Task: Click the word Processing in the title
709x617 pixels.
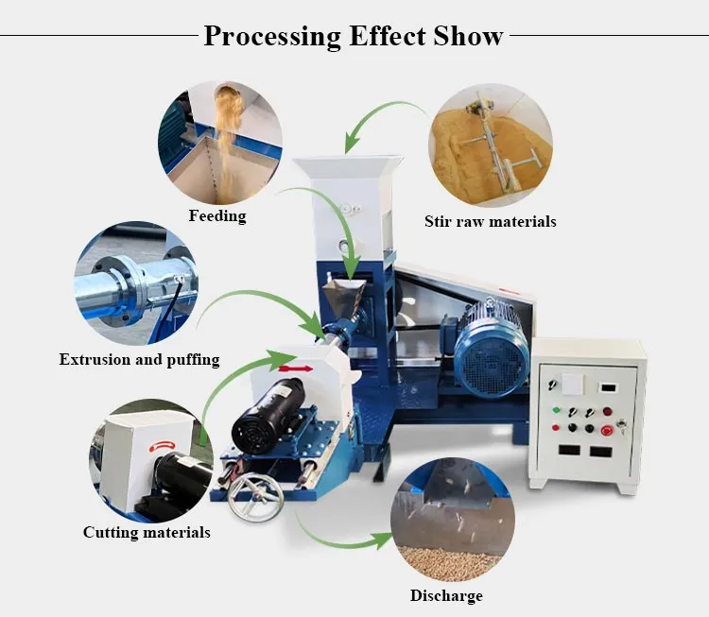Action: click(272, 36)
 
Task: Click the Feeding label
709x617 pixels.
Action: click(217, 216)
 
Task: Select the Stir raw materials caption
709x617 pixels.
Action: click(490, 221)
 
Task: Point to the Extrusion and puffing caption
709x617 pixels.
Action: click(139, 360)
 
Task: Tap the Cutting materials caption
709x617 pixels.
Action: click(147, 533)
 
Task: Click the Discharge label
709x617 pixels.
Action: click(446, 596)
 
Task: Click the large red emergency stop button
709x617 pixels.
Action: click(607, 430)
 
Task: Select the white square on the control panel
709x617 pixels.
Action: click(572, 385)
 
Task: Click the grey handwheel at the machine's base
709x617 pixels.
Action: click(255, 496)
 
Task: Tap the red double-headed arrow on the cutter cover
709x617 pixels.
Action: click(296, 368)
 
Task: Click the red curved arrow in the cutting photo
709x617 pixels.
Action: click(162, 446)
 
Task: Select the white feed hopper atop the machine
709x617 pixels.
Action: click(348, 209)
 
